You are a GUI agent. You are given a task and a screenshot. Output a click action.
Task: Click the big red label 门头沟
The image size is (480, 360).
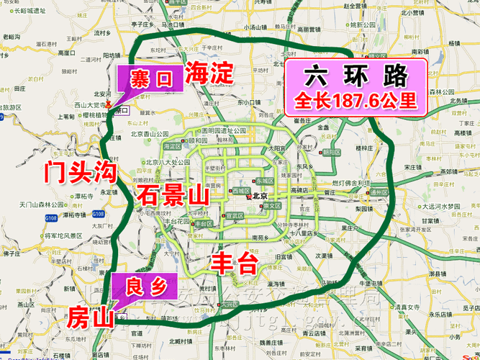(79, 172)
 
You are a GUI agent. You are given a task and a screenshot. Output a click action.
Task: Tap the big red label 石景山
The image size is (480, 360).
(171, 195)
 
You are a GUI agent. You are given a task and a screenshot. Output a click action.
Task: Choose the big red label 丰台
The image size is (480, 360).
(234, 263)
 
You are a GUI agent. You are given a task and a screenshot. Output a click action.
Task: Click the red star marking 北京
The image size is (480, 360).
(249, 196)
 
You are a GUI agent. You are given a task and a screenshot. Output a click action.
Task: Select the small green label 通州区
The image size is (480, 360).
(377, 193)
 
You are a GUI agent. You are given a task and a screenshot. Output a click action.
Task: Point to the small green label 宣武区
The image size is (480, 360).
(234, 215)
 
